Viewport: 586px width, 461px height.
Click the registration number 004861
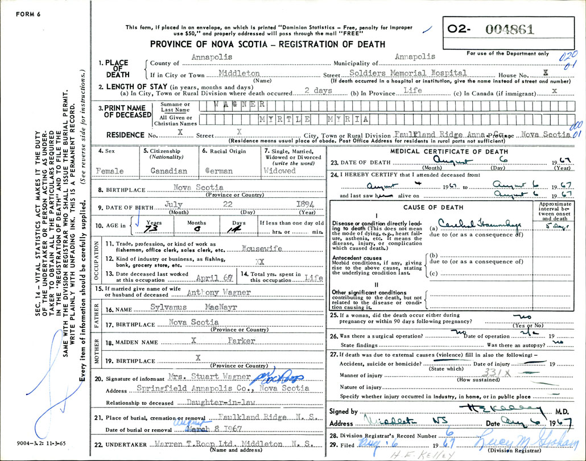(x=512, y=30)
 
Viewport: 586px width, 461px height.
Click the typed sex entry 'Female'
(x=110, y=171)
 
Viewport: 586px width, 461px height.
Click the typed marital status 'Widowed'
(x=280, y=171)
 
